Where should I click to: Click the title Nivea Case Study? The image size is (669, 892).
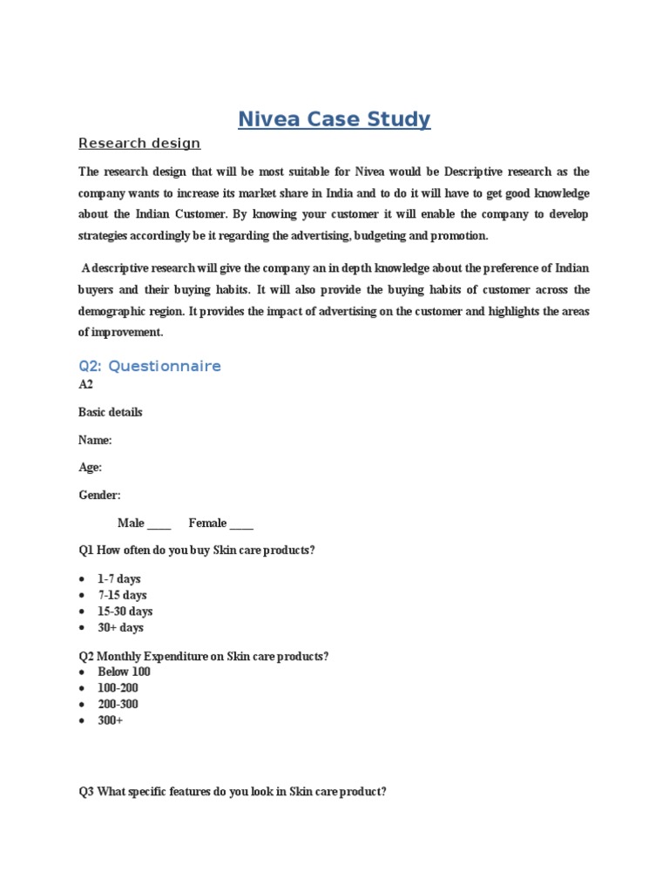[334, 118]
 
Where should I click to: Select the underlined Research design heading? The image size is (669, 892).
[139, 144]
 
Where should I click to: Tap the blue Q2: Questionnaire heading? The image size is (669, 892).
[150, 366]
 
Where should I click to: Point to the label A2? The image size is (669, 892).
[85, 385]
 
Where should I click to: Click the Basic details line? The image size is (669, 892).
[111, 412]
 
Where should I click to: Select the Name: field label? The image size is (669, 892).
[95, 440]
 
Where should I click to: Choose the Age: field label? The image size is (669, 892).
[91, 468]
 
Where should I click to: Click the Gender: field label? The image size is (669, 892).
[99, 495]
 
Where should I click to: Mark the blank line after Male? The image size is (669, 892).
[159, 524]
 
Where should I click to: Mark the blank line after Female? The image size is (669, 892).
[241, 524]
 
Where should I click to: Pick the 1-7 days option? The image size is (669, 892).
[118, 579]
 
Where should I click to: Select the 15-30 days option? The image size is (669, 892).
[125, 612]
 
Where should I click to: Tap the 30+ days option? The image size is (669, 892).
[120, 627]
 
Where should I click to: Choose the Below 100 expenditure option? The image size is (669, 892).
[124, 672]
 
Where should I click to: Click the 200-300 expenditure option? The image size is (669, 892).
[118, 704]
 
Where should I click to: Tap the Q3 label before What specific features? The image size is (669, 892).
[86, 792]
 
